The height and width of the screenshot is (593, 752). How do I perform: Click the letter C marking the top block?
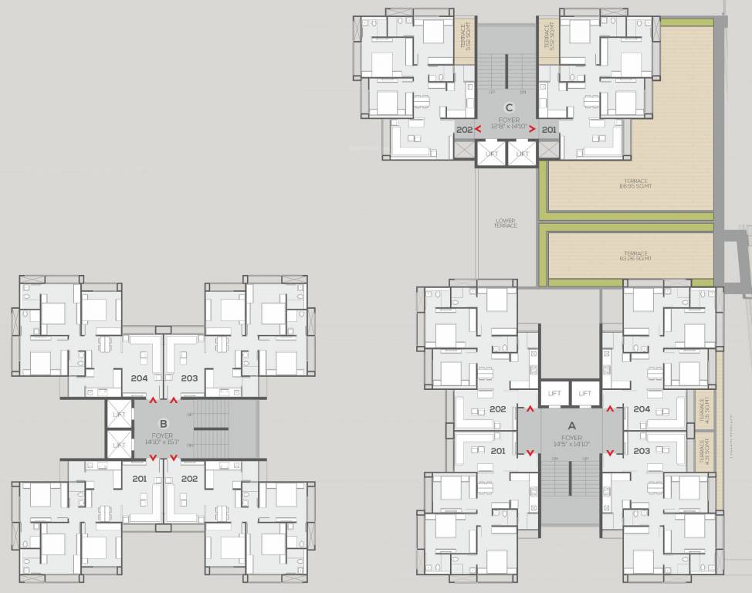click(x=508, y=108)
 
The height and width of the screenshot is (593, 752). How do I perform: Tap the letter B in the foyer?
click(x=163, y=423)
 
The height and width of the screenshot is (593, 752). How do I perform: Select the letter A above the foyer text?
click(x=571, y=425)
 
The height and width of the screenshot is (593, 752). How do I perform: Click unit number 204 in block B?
click(x=139, y=378)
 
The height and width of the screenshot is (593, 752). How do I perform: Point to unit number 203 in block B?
click(x=189, y=378)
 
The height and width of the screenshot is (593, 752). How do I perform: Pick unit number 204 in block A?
click(x=641, y=409)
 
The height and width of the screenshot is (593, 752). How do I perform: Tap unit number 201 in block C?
click(x=549, y=130)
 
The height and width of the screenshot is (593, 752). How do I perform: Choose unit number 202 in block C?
click(x=464, y=130)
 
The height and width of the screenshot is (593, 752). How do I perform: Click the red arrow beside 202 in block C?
click(x=478, y=129)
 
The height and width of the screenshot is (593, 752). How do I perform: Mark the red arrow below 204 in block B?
click(x=153, y=400)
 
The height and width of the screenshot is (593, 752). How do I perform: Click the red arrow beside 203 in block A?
click(x=611, y=452)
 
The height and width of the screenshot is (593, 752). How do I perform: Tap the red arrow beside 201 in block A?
click(x=530, y=452)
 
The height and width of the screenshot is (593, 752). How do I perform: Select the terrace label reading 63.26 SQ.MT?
click(x=635, y=256)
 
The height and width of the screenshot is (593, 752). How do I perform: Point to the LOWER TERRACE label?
click(x=505, y=222)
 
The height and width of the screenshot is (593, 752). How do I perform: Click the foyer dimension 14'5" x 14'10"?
click(x=571, y=445)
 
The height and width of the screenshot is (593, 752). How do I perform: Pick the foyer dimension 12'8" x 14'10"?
click(x=509, y=126)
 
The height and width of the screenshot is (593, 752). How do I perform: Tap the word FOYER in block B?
click(x=162, y=435)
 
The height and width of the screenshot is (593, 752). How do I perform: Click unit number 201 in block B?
click(x=139, y=479)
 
